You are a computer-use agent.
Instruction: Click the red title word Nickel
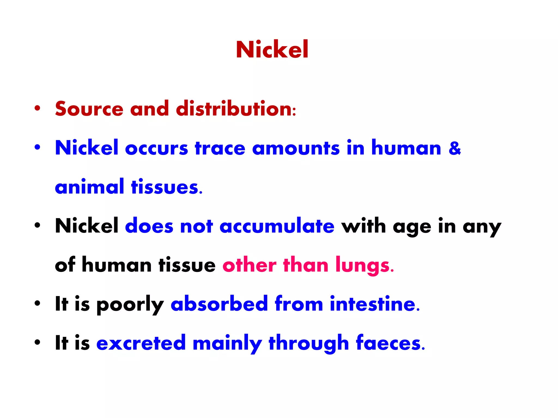tap(272, 50)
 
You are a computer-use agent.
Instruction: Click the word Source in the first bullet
tap(89, 109)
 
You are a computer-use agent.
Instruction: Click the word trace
tap(220, 149)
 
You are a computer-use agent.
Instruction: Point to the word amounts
tap(296, 149)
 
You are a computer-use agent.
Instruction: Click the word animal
tap(89, 187)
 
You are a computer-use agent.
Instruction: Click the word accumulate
tap(277, 226)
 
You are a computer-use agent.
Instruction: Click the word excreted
tap(141, 343)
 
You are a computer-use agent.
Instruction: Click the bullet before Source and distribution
tap(38, 108)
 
